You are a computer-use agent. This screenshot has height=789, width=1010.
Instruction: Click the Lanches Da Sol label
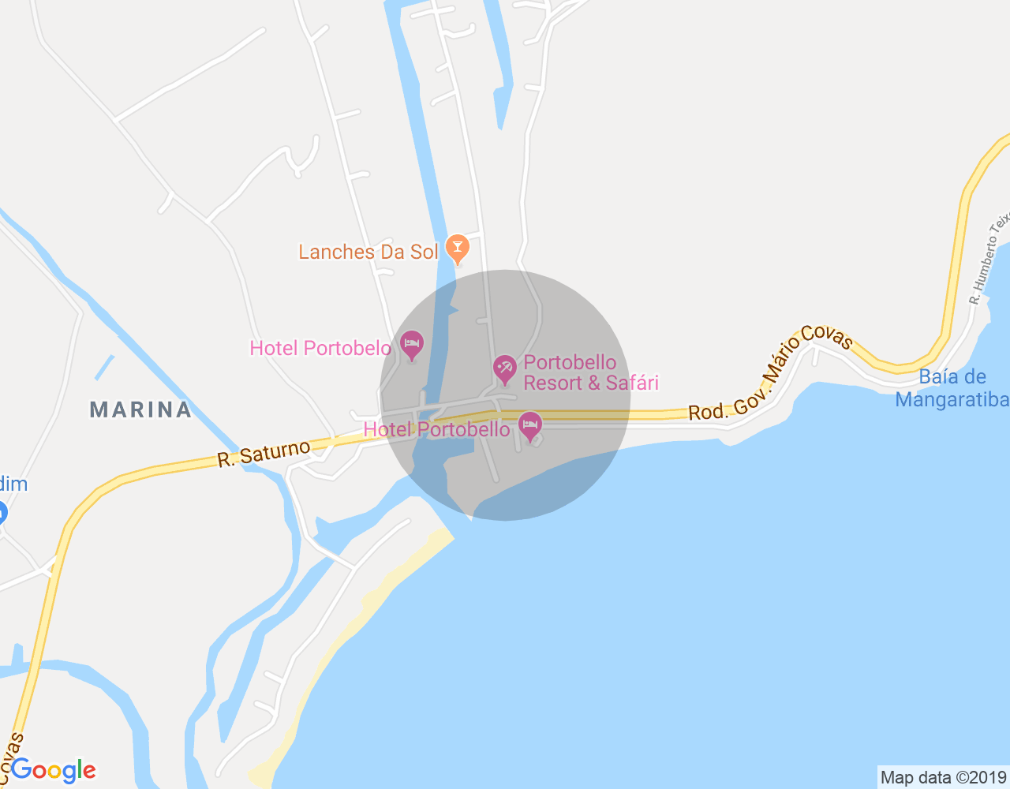click(368, 252)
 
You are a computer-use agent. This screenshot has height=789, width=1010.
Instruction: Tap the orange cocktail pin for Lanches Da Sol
click(457, 249)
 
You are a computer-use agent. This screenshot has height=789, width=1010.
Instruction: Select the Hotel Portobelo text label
click(320, 348)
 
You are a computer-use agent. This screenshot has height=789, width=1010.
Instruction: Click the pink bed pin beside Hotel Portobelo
click(412, 344)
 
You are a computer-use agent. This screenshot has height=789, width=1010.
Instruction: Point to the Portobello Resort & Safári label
click(590, 372)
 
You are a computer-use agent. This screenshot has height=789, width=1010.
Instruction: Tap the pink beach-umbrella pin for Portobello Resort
click(504, 368)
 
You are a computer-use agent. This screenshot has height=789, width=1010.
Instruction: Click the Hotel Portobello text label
click(436, 429)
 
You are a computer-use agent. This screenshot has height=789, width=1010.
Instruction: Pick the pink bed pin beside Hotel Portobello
click(530, 426)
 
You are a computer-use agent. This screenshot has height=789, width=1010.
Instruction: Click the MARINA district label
click(140, 409)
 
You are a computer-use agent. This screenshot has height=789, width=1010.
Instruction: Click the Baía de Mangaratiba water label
click(952, 388)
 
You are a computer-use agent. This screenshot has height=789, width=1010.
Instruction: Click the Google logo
click(54, 770)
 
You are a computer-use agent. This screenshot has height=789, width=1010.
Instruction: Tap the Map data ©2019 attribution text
click(943, 777)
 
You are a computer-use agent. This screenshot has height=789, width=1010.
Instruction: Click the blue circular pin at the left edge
click(1, 514)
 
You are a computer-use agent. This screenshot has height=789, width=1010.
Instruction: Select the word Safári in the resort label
click(632, 383)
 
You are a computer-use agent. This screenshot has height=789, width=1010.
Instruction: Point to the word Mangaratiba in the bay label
click(952, 399)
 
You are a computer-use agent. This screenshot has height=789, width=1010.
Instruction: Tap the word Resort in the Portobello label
click(552, 383)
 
